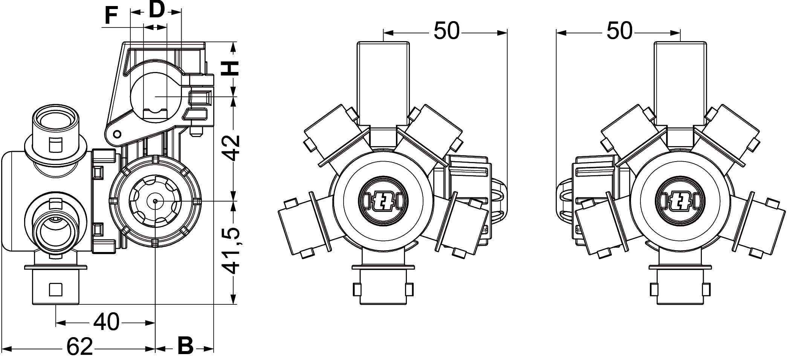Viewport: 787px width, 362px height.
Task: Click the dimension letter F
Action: coord(110,17)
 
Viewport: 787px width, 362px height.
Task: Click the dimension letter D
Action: coord(156,10)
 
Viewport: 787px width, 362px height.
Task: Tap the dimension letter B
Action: coord(185,345)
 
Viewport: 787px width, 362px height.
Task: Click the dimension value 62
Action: coord(80,347)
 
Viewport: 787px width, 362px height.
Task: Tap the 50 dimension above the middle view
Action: coord(446,31)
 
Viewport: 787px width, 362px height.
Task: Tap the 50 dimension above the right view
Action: coord(619,31)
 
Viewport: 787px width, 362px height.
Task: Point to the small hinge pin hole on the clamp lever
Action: coord(117,133)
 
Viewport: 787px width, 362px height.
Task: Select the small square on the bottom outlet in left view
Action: coord(56,289)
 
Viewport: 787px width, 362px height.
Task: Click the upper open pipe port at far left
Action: coord(55,120)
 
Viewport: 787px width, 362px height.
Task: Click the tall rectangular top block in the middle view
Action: coord(383,83)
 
